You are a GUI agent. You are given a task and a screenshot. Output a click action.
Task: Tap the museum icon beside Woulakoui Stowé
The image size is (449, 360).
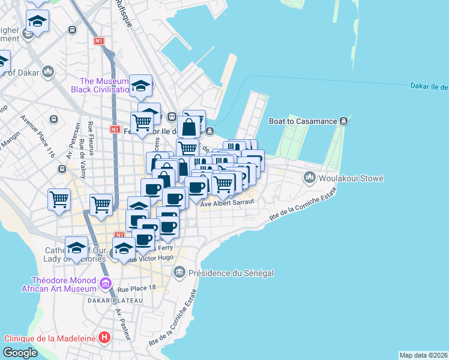coord(310,177)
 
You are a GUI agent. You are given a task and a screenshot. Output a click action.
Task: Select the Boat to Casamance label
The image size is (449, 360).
coord(303,121)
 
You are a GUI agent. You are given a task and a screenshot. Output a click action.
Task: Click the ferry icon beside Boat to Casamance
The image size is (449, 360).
coord(343,121)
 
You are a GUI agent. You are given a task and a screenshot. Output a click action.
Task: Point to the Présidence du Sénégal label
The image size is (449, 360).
coord(231,273)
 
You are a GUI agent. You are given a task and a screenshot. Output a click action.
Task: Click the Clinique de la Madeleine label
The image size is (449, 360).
coord(50,338)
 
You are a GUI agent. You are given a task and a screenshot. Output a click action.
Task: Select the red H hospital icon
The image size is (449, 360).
coord(105,338)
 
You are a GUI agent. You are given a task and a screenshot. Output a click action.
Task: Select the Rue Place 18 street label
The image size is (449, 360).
coord(137,288)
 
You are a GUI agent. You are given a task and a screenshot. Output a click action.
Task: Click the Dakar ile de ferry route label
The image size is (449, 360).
coord(429,87)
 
